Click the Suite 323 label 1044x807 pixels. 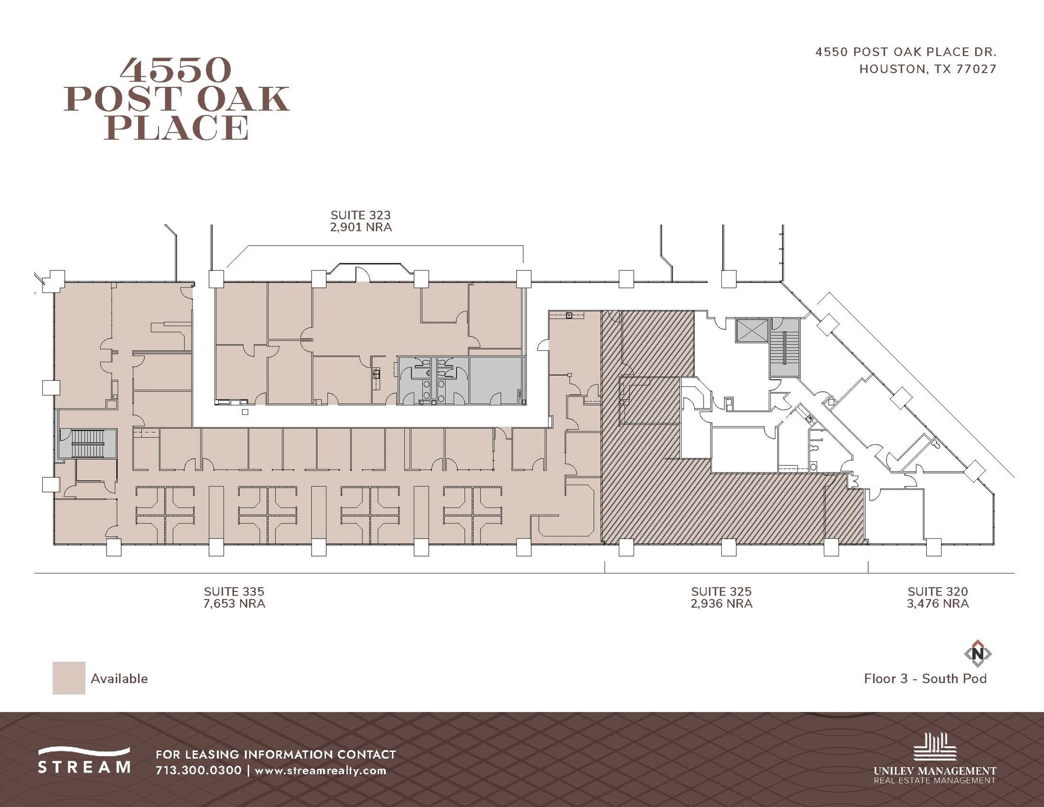[360, 215]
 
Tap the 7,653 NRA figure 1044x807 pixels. [234, 604]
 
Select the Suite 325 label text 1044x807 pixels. [721, 591]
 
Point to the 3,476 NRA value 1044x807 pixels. [937, 604]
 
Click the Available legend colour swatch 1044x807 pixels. [69, 678]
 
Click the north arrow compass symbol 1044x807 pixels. [977, 653]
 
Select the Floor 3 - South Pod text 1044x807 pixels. [925, 679]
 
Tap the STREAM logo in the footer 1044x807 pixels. [85, 761]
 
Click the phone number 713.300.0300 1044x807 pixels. [198, 770]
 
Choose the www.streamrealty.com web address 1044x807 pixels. [320, 770]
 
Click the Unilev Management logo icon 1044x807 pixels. [934, 748]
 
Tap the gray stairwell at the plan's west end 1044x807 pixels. [88, 444]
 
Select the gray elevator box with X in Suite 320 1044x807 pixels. [752, 330]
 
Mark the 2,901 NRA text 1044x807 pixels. [360, 227]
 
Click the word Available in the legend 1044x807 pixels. [119, 679]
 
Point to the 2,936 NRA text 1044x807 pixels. [721, 604]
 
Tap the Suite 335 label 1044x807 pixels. [234, 591]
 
